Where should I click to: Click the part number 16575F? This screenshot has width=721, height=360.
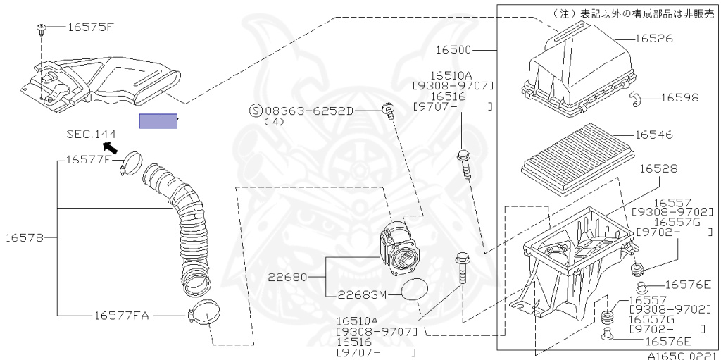[x=90, y=27]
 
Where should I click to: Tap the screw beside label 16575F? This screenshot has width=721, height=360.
[x=40, y=30]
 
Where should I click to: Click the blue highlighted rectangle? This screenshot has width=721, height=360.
[x=158, y=121]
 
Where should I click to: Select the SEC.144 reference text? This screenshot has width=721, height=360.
[x=92, y=134]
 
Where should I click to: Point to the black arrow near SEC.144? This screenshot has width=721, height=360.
[x=110, y=148]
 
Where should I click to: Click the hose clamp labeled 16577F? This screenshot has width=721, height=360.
[x=132, y=163]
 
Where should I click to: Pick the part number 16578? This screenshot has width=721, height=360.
[x=24, y=237]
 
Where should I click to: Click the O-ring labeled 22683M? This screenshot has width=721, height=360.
[x=414, y=290]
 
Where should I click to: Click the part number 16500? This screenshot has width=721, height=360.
[x=453, y=49]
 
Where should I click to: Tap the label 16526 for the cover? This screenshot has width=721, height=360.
[x=654, y=38]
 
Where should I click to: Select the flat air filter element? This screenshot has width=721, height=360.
[x=577, y=159]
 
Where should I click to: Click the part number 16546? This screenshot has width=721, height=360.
[x=654, y=135]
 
